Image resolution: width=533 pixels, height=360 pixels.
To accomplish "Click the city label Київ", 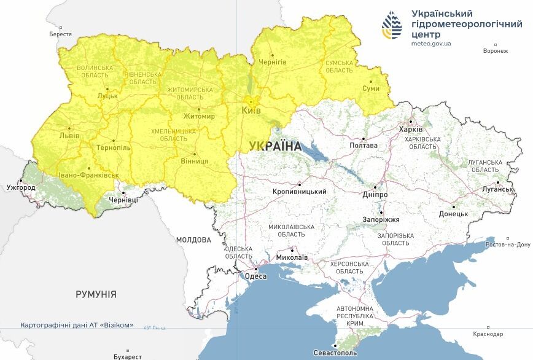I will click(251, 111).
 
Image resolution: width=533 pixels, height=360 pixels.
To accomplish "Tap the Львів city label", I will click(69, 135).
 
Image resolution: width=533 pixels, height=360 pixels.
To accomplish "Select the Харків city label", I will click(411, 130).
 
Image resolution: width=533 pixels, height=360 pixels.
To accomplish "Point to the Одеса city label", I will click(256, 276).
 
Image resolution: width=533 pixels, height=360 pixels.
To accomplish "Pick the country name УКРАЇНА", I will click(276, 146).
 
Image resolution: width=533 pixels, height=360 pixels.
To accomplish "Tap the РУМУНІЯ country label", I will click(96, 294).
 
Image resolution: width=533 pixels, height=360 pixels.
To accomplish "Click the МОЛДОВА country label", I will click(193, 240).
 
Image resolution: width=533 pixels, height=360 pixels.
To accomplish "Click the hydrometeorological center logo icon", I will click(392, 25).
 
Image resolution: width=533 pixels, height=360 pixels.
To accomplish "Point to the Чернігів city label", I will click(273, 63).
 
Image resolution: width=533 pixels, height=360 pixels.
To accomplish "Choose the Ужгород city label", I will click(21, 187).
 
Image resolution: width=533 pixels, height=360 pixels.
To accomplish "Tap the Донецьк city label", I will click(454, 214).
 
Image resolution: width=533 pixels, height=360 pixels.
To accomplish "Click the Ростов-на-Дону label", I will click(507, 245).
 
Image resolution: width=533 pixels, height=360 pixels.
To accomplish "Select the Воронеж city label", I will click(496, 51).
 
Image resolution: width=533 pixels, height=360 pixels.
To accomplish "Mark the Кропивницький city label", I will click(300, 192).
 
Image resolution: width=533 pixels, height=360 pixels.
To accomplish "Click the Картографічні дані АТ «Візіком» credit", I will click(77, 325).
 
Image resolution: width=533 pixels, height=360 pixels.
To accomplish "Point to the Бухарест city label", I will click(128, 356).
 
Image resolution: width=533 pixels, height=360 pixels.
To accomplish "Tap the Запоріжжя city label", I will click(381, 219).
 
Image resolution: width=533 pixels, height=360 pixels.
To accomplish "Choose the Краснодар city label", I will click(488, 334).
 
